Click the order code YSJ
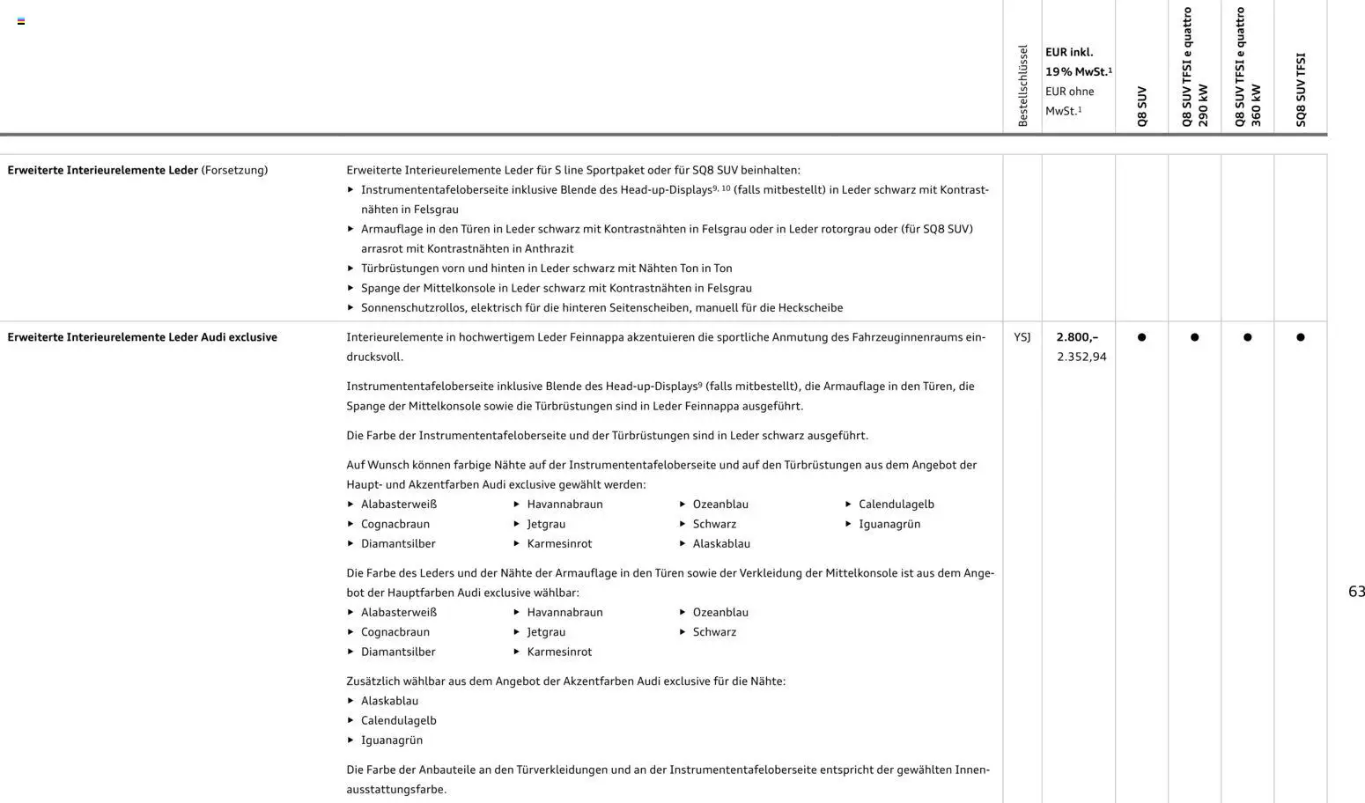coord(1022,337)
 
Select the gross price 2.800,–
coord(1077,337)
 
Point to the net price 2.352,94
coord(1081,357)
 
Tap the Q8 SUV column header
coord(1142,106)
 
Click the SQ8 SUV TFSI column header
coord(1301,89)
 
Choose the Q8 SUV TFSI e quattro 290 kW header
coord(1195,67)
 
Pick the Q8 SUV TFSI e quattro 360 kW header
coord(1248,67)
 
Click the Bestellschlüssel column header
coord(1022,85)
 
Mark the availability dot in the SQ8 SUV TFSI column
coord(1301,337)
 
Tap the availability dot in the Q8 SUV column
coord(1142,337)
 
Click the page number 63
coord(1356,592)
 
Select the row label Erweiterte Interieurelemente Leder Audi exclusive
coord(142,337)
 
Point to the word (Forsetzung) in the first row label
coord(234,170)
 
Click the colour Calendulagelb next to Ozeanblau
coord(896,505)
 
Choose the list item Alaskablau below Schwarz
coord(720,544)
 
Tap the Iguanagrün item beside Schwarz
coord(889,524)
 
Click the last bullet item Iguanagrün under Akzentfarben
coord(391,740)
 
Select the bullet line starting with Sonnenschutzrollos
coord(601,308)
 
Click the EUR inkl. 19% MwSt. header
coord(1078,62)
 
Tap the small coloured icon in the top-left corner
coord(21,21)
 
